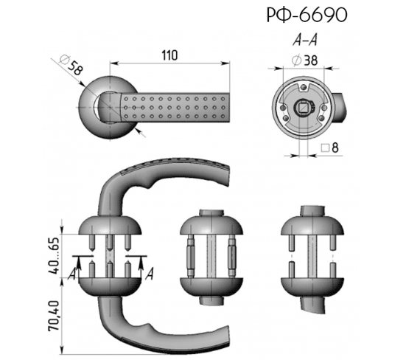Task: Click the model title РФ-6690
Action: pos(307,15)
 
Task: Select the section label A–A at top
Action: pos(305,40)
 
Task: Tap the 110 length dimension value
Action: pos(169,55)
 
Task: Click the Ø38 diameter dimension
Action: pos(304,60)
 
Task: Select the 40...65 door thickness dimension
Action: pos(54,256)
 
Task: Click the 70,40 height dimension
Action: pos(54,316)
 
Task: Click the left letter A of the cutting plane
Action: pos(71,274)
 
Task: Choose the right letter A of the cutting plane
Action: pos(150,274)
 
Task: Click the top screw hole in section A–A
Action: pos(303,87)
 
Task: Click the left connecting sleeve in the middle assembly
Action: pos(190,257)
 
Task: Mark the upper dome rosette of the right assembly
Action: pos(312,226)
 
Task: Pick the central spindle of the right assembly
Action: pos(312,257)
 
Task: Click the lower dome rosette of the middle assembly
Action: pos(211,287)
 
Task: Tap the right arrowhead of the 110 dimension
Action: pos(225,63)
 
